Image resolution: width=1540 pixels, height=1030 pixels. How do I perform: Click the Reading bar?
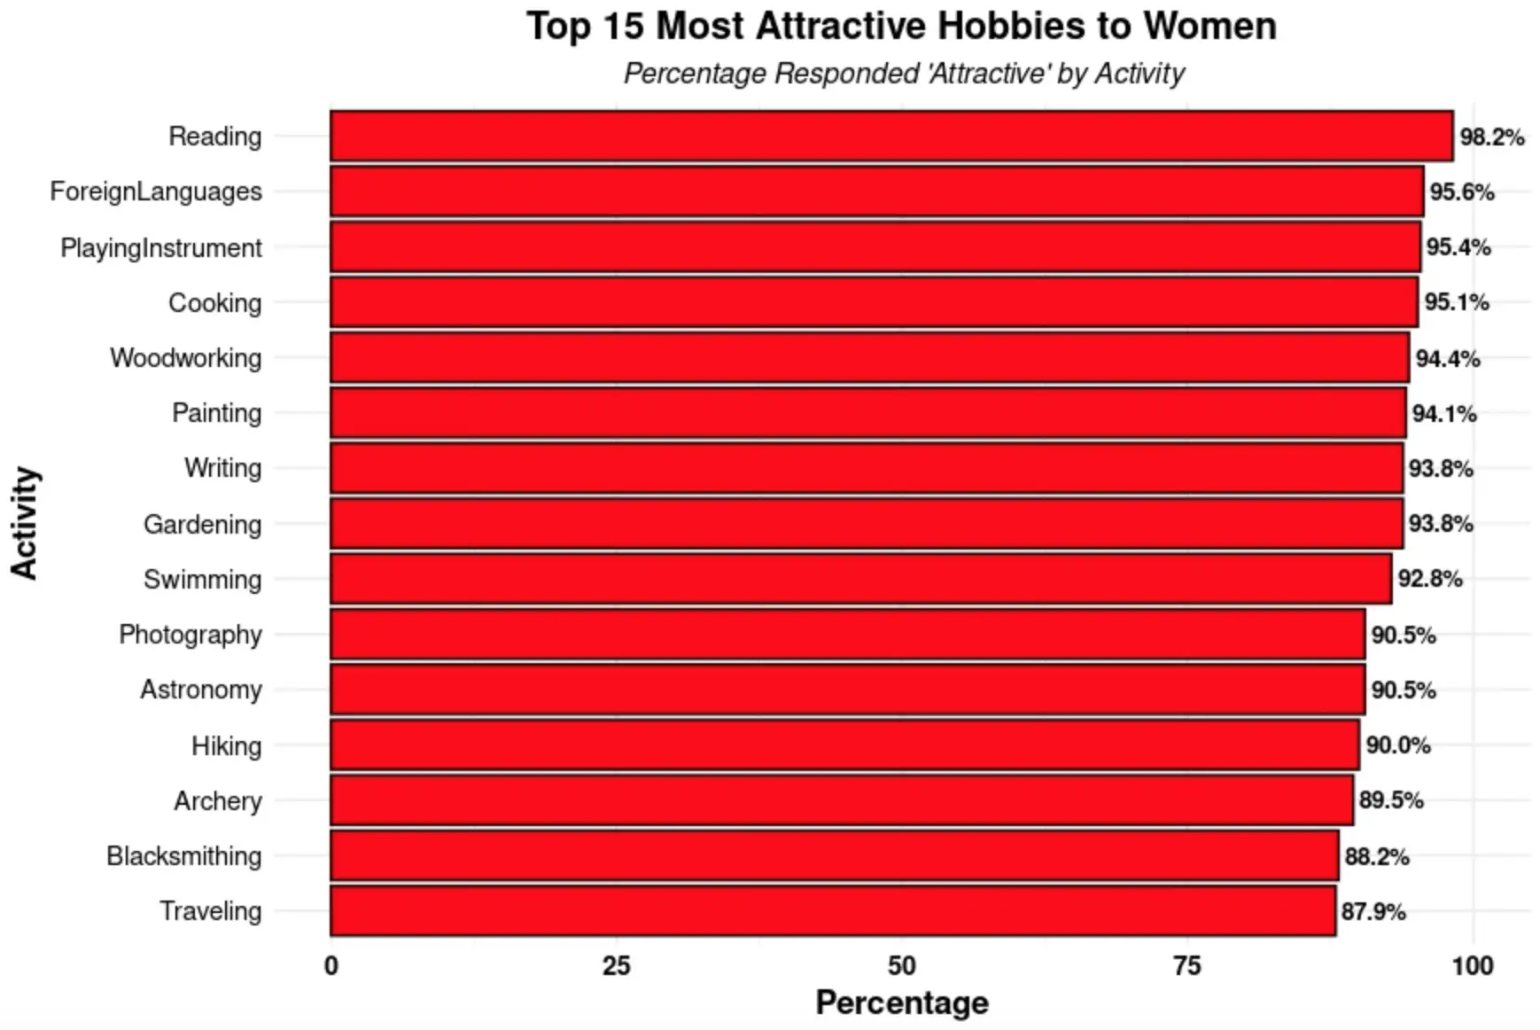click(x=891, y=136)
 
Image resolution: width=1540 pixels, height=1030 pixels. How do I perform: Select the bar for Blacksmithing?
click(x=833, y=855)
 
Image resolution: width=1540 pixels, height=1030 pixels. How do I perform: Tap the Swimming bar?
click(x=859, y=579)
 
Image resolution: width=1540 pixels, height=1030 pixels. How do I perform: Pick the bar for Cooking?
click(x=873, y=302)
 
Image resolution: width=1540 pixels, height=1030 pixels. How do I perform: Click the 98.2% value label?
click(x=1491, y=137)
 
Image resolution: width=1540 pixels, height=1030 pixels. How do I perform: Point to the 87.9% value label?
click(x=1373, y=912)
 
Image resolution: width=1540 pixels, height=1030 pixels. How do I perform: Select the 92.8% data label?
click(x=1429, y=579)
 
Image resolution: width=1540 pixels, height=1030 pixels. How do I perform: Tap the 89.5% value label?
click(x=1391, y=800)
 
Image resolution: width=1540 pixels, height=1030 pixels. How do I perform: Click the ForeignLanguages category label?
click(x=156, y=191)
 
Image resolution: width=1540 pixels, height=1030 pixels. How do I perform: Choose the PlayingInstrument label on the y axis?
click(x=161, y=248)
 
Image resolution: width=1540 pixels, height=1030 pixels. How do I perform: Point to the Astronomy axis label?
click(x=201, y=690)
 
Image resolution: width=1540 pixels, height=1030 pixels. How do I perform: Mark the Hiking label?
click(x=227, y=746)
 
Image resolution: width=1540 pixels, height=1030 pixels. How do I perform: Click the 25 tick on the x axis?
click(x=617, y=966)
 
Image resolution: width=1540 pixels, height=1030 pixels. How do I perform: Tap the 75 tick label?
click(x=1187, y=966)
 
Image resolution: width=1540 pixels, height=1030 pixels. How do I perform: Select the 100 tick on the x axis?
click(x=1472, y=966)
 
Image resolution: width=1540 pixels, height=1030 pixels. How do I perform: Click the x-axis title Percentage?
click(x=901, y=1003)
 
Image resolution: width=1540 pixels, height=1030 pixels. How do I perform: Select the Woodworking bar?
click(x=868, y=357)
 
